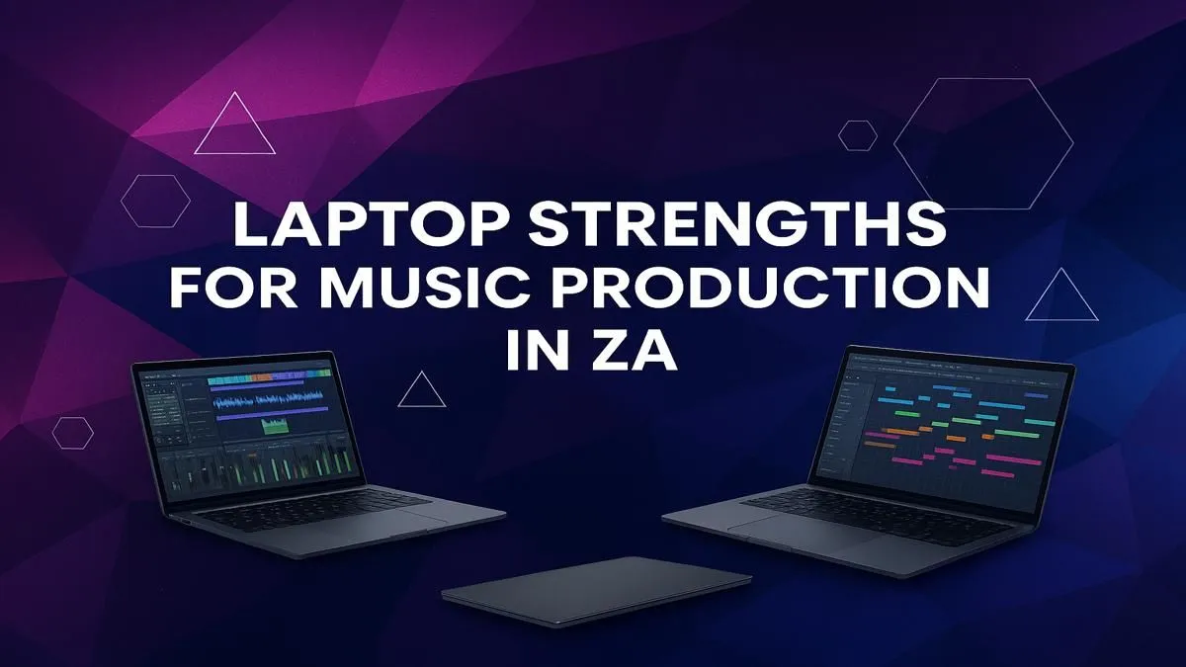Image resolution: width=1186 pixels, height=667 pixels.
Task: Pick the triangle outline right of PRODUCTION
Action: [1062, 298]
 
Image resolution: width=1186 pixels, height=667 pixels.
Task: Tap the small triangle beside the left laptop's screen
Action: [422, 391]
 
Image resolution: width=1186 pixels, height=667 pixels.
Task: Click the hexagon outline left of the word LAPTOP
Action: [155, 201]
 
